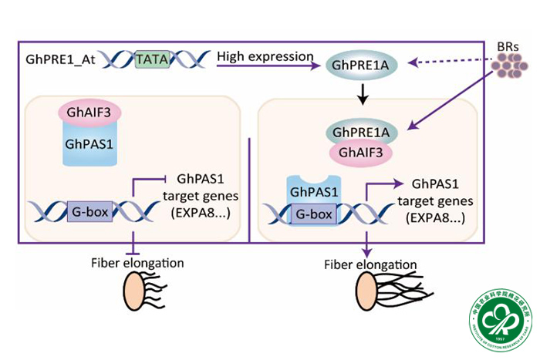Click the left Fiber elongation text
(x=136, y=263)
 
